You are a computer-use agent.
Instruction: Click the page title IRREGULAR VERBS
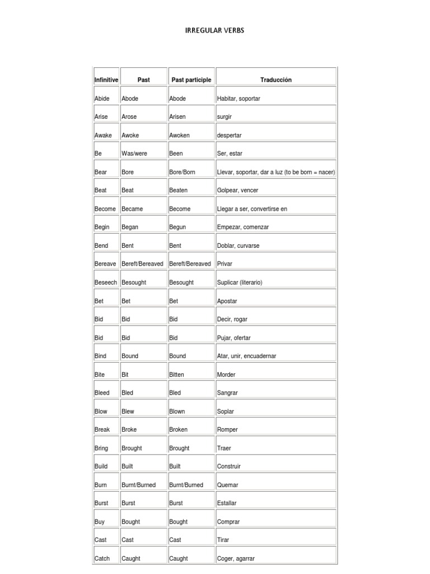pos(214,30)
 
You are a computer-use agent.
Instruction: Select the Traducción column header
pos(275,80)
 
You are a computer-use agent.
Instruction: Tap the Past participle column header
pos(191,80)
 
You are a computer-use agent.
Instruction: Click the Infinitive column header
pos(106,80)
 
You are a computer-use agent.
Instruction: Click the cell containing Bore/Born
pos(182,172)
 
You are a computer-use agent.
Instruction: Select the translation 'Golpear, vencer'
pos(237,191)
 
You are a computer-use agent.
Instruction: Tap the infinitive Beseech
pos(106,283)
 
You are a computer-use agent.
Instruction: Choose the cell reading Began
pos(130,227)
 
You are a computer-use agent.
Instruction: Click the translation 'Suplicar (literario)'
pos(239,283)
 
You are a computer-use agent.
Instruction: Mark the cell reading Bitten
pos(176,374)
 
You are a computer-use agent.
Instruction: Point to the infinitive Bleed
pos(102,393)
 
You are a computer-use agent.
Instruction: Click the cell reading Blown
pos(177,411)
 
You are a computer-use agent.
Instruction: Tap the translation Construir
pos(228,466)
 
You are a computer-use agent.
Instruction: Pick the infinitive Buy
pos(100,522)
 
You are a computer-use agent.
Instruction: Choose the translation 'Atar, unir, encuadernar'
pos(246,356)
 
